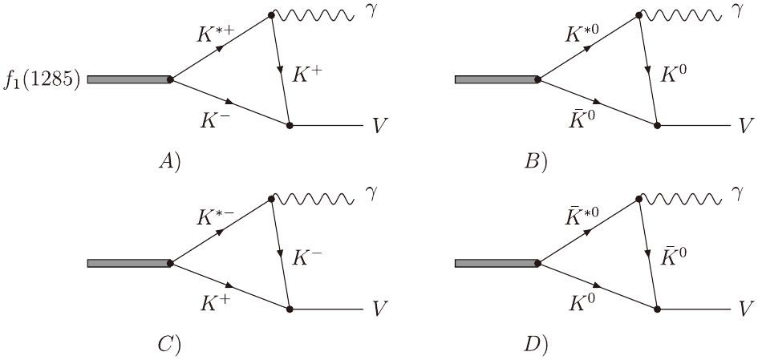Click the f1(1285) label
tap(41, 80)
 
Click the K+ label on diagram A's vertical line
tap(309, 75)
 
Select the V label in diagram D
tap(745, 309)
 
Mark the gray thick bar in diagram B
tap(497, 79)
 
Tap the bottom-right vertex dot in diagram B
tap(657, 126)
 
